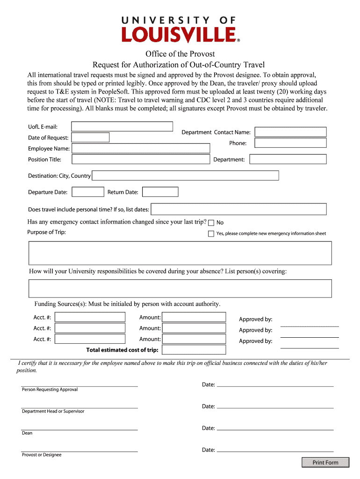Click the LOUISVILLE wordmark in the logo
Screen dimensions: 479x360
click(x=180, y=35)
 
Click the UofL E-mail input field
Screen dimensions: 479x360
click(x=122, y=126)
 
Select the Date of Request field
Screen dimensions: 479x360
click(x=90, y=138)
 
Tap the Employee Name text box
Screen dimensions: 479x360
click(x=141, y=148)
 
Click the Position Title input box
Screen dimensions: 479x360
click(x=141, y=160)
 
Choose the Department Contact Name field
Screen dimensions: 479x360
click(x=291, y=132)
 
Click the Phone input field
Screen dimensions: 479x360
click(x=291, y=143)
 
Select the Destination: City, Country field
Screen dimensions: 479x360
click(x=186, y=176)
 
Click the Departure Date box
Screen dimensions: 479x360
click(x=88, y=192)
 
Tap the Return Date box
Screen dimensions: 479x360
click(x=160, y=192)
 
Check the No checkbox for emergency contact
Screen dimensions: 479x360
click(x=211, y=223)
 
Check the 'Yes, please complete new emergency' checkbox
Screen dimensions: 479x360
click(x=211, y=233)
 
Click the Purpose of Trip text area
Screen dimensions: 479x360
click(x=180, y=253)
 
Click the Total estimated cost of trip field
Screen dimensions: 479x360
click(x=194, y=350)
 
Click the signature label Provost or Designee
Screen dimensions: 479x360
click(x=42, y=455)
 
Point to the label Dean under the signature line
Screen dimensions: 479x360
click(x=27, y=433)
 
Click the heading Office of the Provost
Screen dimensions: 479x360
click(x=180, y=54)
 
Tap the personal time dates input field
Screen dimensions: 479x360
click(x=238, y=209)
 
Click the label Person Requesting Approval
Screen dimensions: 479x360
click(x=50, y=390)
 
